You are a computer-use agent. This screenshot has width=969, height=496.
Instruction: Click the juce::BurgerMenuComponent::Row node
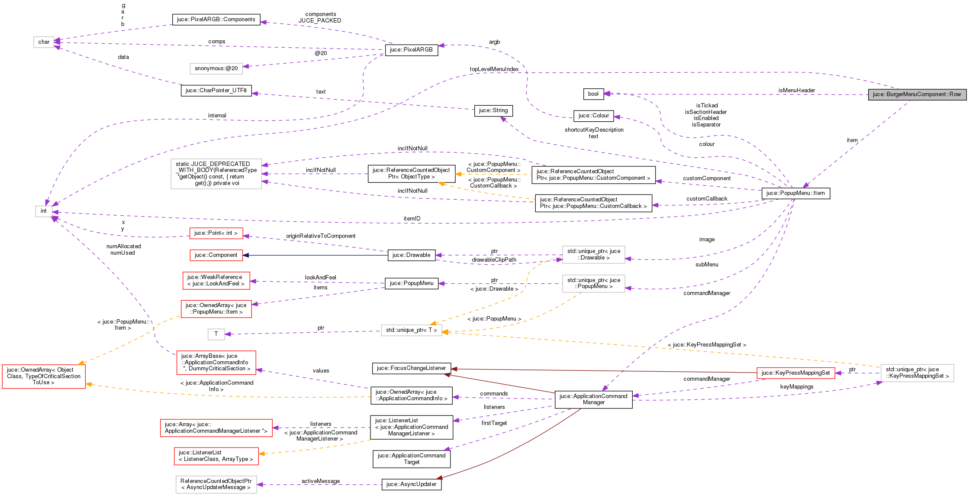917,94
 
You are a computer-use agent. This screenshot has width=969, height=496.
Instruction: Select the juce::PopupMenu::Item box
795,193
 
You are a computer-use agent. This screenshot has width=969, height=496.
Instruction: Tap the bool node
593,94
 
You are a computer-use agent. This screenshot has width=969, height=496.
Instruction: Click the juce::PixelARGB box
411,50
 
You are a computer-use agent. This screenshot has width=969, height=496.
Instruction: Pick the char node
44,42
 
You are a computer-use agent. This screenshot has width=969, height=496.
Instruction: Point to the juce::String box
493,110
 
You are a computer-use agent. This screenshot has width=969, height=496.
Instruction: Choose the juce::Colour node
593,116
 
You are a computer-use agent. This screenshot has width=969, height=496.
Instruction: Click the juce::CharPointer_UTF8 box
216,91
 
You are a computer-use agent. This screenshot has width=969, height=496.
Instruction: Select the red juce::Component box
216,255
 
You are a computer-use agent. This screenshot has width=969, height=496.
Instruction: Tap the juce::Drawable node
411,255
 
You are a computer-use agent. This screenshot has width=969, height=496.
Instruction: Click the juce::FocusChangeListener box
411,368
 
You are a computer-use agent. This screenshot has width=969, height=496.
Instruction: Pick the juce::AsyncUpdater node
411,484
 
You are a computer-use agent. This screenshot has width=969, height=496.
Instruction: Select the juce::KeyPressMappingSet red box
795,373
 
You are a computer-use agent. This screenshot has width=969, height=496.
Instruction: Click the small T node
216,334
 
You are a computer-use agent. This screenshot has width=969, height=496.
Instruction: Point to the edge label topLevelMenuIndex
494,69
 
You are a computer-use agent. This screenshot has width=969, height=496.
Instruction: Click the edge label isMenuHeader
796,91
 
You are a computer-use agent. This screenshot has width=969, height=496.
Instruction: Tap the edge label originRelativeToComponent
321,236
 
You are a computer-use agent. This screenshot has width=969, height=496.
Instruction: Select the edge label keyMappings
796,387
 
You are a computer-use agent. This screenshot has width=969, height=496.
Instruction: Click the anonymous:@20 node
216,68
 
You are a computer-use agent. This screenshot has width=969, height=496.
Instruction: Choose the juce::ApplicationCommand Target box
411,459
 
